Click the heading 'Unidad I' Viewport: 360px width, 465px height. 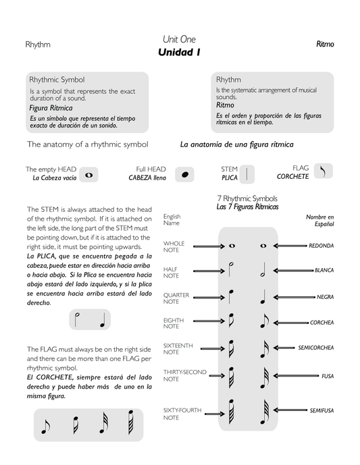(x=179, y=52)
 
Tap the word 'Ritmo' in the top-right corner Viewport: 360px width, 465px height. (x=325, y=44)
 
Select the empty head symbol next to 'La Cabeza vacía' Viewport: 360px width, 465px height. (x=88, y=175)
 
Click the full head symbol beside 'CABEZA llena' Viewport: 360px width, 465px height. (x=184, y=174)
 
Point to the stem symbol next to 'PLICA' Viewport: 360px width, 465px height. (x=247, y=173)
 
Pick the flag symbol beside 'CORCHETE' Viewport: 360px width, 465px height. (x=324, y=171)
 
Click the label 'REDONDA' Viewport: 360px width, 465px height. (x=321, y=246)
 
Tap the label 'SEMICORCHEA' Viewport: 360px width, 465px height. (x=316, y=348)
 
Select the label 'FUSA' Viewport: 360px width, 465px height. (x=328, y=376)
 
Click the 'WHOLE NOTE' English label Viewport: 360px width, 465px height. (x=174, y=246)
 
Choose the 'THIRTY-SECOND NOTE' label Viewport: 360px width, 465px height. (x=184, y=375)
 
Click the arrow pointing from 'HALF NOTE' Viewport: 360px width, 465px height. (x=209, y=271)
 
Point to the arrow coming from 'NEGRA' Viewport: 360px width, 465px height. (x=294, y=296)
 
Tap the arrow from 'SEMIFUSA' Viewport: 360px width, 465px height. (x=290, y=410)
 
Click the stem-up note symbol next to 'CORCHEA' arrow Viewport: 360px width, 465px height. (x=264, y=321)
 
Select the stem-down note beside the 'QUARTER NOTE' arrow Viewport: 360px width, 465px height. (x=231, y=297)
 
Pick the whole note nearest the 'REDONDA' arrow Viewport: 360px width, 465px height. (x=263, y=246)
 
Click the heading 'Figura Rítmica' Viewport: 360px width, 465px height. (x=51, y=108)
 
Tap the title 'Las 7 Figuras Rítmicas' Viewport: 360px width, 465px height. (x=247, y=207)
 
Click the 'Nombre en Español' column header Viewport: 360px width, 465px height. (x=320, y=220)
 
